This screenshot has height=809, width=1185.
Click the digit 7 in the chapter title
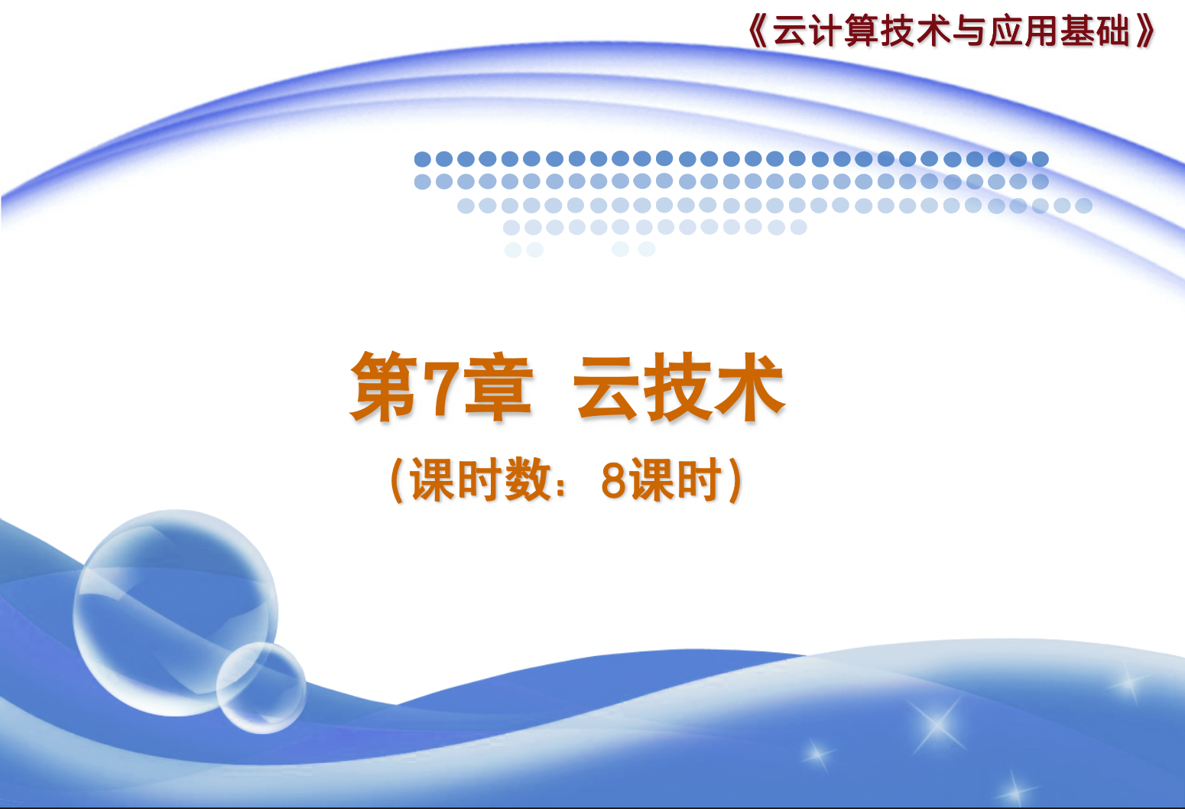(x=445, y=388)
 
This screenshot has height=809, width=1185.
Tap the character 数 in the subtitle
(x=528, y=479)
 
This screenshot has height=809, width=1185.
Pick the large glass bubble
(x=174, y=612)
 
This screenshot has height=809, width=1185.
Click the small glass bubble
(x=261, y=688)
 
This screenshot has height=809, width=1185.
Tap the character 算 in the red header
(x=862, y=31)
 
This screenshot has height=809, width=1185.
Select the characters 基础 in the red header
(x=1095, y=31)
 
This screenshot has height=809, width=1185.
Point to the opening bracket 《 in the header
(x=758, y=31)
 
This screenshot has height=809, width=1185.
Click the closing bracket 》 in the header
(x=1146, y=31)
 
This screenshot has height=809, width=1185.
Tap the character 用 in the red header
(x=1041, y=31)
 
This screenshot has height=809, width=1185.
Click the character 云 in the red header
(x=791, y=31)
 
